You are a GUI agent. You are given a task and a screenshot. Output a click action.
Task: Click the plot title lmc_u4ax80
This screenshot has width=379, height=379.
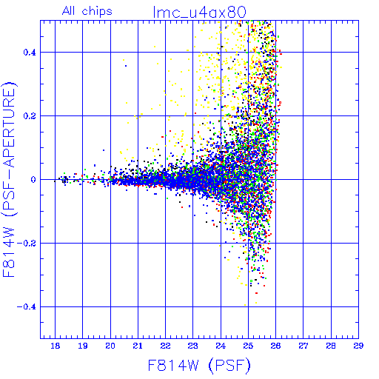(200, 13)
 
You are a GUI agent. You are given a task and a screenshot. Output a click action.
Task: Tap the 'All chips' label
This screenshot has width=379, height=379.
(87, 11)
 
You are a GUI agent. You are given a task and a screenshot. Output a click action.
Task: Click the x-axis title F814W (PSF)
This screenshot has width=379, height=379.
(199, 365)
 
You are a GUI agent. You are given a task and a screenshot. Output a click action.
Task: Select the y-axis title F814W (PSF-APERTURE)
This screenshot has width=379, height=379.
(9, 179)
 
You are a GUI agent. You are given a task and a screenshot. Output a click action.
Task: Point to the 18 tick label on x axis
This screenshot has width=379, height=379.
(55, 346)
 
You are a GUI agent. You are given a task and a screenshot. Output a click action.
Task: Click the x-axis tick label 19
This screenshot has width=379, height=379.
(83, 346)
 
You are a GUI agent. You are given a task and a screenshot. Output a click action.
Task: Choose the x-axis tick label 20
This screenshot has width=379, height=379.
(110, 346)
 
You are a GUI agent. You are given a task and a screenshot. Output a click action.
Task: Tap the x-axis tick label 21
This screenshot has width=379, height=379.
(138, 346)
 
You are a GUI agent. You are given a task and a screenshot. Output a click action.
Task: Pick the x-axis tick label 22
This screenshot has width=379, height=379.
(165, 346)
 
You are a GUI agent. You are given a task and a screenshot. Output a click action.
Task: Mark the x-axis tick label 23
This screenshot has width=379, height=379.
(193, 346)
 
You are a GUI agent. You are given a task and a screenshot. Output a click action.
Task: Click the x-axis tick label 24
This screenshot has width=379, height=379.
(221, 346)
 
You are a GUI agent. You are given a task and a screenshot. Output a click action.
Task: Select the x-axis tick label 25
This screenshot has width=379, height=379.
(248, 346)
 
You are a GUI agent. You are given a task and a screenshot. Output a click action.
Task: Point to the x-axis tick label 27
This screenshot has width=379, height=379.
(303, 346)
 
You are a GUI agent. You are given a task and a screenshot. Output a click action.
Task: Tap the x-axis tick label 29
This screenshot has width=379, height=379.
(358, 346)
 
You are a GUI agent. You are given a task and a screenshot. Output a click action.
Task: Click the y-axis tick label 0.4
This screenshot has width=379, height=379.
(30, 53)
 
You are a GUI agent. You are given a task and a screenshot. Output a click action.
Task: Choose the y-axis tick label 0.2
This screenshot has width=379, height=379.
(30, 116)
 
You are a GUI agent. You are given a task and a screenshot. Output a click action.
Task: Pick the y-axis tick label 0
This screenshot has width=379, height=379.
(33, 180)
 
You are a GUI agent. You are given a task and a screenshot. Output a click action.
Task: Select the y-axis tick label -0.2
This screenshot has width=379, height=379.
(27, 244)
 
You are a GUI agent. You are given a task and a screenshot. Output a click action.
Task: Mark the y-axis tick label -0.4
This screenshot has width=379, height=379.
(27, 307)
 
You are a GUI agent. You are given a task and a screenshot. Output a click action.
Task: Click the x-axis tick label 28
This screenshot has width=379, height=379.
(331, 346)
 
